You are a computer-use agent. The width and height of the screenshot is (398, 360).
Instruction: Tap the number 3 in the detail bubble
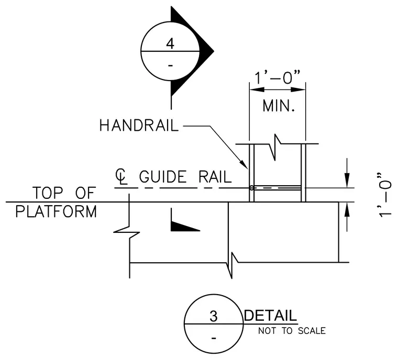click(x=214, y=316)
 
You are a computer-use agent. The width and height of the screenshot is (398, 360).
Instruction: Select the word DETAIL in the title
click(x=270, y=316)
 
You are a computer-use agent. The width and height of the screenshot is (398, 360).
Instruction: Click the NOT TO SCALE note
click(x=292, y=331)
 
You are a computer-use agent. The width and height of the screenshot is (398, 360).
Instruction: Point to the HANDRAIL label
click(x=139, y=126)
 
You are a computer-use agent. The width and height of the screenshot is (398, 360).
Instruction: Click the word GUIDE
click(x=163, y=176)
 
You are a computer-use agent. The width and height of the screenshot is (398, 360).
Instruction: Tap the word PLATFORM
click(x=56, y=211)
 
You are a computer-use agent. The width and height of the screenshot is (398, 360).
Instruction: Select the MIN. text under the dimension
click(x=279, y=106)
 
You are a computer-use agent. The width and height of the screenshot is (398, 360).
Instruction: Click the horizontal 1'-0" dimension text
click(x=277, y=77)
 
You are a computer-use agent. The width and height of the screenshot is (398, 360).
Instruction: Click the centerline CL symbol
click(x=121, y=176)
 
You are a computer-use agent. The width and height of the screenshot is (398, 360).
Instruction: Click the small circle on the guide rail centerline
click(x=251, y=188)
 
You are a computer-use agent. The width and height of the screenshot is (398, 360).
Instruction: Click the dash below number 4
click(x=170, y=66)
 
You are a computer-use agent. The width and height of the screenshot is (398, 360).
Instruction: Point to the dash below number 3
click(x=214, y=339)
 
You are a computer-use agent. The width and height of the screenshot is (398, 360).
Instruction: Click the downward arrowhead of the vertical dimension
click(x=347, y=181)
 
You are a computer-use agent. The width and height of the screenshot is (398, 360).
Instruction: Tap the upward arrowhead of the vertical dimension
click(x=347, y=210)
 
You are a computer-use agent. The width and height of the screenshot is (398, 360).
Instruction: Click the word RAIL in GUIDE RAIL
click(x=215, y=176)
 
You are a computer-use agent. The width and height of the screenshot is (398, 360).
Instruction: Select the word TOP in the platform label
click(x=48, y=193)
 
